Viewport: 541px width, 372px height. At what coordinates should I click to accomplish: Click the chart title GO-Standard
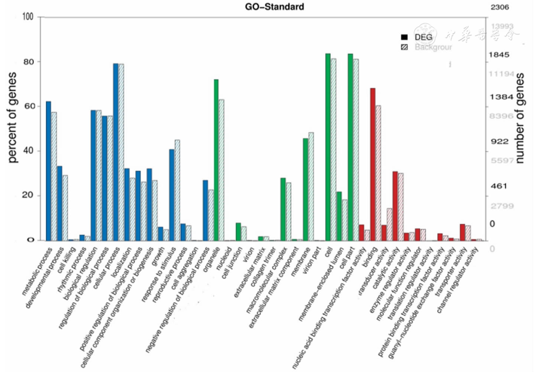coord(274,7)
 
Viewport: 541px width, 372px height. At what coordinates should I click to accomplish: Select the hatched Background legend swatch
coord(404,47)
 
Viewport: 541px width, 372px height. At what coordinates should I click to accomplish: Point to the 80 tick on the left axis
coord(28,62)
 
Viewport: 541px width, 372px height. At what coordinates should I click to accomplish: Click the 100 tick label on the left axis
coord(28,17)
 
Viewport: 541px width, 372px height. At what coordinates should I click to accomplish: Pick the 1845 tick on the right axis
coord(499,55)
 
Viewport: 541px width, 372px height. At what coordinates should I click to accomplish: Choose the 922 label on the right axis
coord(499,141)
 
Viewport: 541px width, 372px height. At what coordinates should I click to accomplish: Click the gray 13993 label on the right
coord(502,26)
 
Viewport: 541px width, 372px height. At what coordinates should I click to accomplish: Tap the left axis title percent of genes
coord(12,117)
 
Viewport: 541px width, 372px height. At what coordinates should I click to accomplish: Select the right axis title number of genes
coord(520,118)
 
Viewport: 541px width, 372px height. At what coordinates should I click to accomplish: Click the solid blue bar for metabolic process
coord(48,171)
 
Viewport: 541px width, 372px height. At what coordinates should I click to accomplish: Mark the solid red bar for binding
coord(373,164)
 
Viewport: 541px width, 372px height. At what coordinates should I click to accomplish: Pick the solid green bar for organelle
coord(216,160)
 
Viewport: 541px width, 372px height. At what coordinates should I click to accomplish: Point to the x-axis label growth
coord(158,256)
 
